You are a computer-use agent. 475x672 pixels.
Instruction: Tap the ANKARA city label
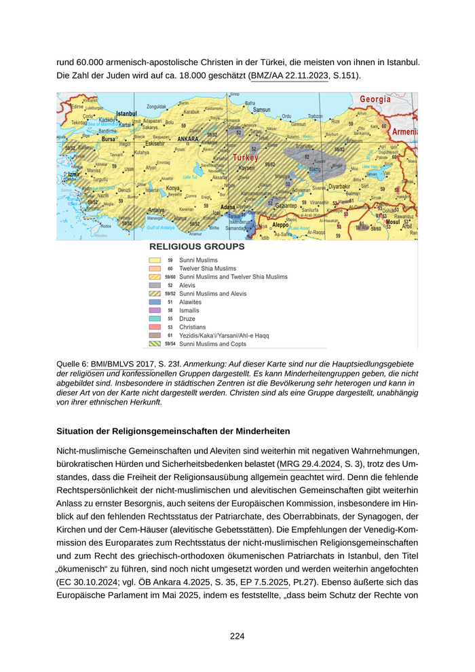[x=187, y=138]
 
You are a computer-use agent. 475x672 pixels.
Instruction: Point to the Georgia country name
[x=375, y=99]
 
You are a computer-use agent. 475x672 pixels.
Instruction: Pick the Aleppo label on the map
[x=280, y=225]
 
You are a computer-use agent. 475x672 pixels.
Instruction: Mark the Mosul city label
[x=393, y=222]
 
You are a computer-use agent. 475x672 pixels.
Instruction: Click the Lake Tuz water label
[x=190, y=176]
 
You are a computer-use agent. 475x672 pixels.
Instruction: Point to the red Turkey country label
[x=246, y=157]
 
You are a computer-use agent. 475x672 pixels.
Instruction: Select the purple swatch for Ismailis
[x=154, y=310]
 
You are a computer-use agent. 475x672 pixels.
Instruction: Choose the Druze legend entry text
[x=188, y=318]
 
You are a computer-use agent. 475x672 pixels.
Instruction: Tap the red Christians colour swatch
[x=154, y=327]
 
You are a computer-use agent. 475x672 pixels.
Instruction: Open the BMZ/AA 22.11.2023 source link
[x=289, y=75]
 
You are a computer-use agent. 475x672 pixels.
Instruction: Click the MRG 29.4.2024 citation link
[x=313, y=465]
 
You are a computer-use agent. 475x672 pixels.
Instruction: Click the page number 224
[x=237, y=636]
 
